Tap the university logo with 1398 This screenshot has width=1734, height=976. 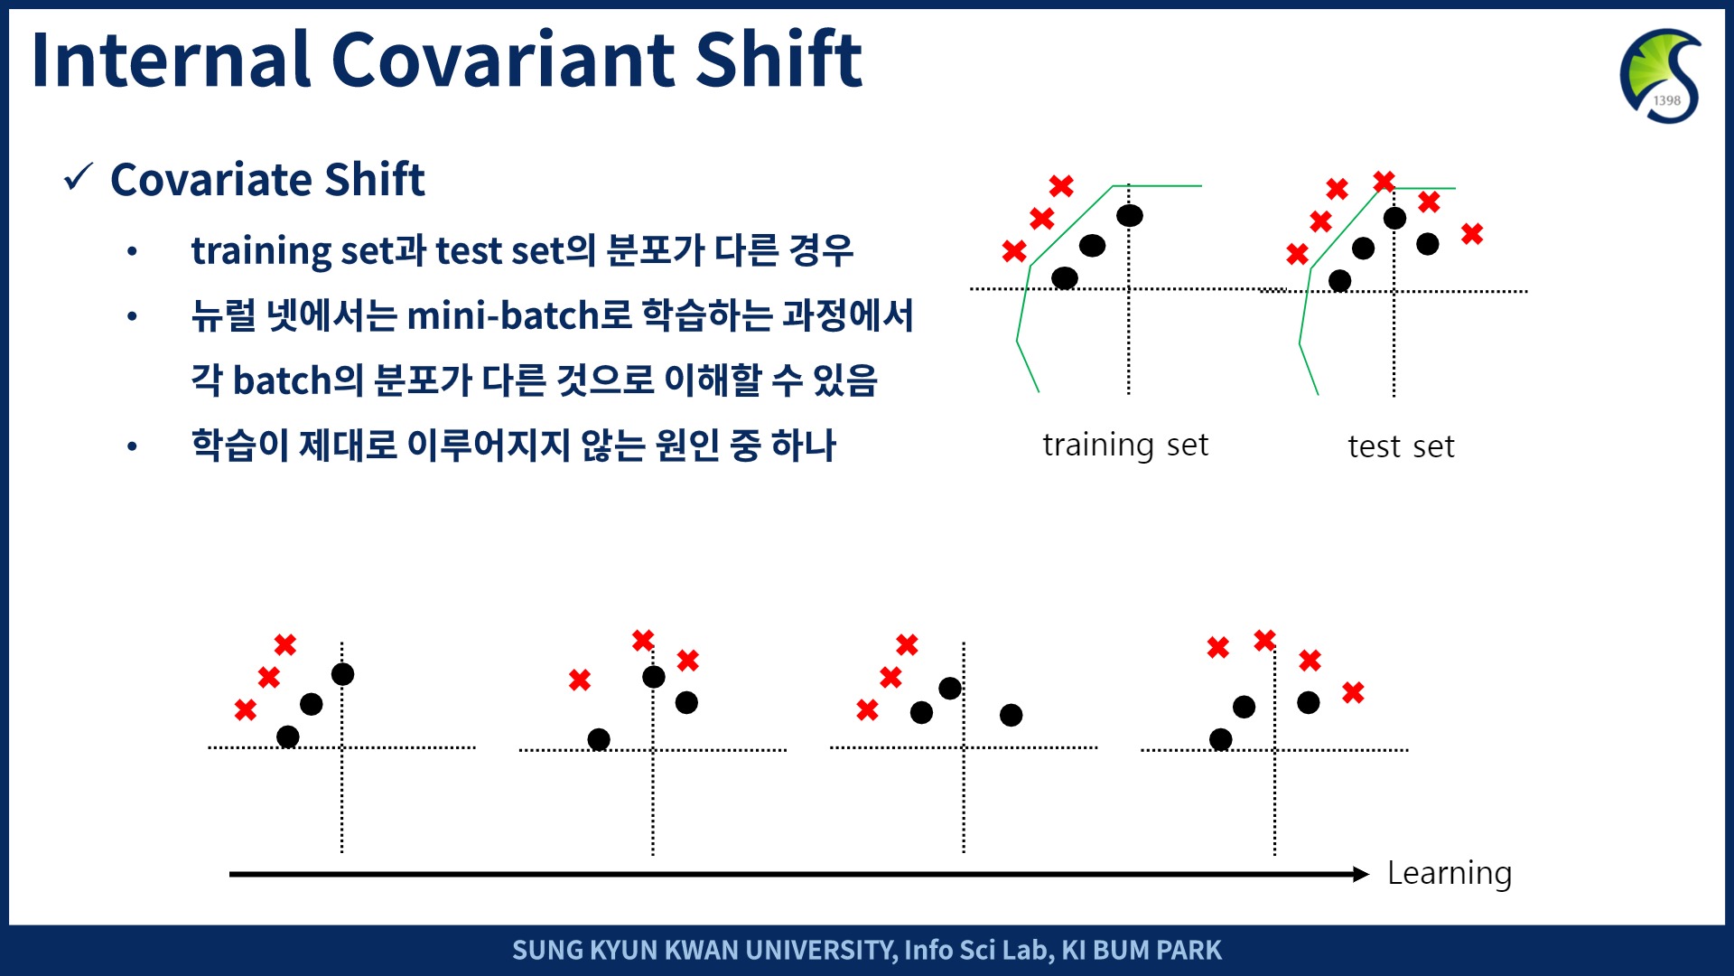(x=1661, y=76)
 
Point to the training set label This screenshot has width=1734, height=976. (x=1125, y=445)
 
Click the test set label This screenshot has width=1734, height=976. (x=1401, y=446)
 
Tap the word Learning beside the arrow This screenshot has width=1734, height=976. (x=1450, y=874)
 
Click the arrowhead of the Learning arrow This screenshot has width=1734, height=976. (x=1362, y=874)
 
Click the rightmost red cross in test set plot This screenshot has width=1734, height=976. (x=1472, y=234)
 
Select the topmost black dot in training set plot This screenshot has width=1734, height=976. (x=1130, y=215)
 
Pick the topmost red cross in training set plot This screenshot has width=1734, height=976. (x=1061, y=186)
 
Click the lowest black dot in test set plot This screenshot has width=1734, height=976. (x=1340, y=281)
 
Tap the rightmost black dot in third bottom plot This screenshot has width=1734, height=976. (x=1011, y=716)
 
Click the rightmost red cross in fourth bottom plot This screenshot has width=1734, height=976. (x=1353, y=693)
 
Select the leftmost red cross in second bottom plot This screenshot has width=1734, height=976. (x=580, y=680)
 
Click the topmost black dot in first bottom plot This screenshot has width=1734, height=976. (x=343, y=674)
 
